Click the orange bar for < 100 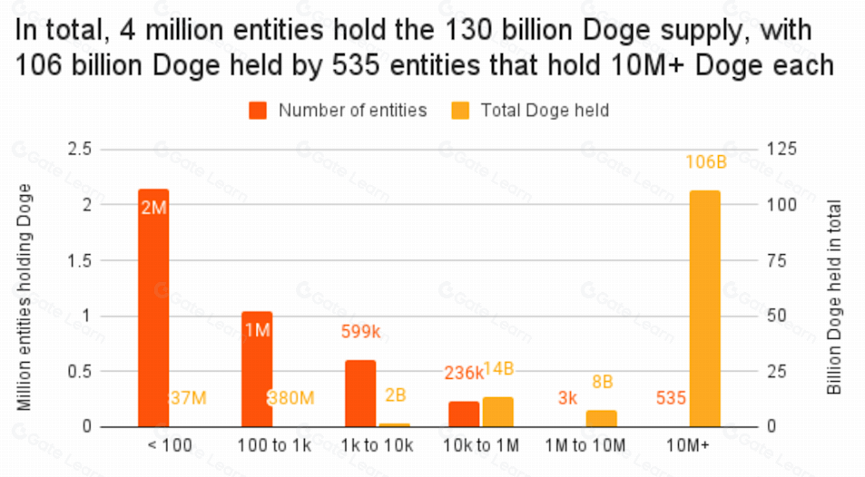153,307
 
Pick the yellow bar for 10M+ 704,308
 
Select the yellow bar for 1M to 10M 601,418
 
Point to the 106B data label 704,162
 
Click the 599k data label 360,332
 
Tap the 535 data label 670,398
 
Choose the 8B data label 602,382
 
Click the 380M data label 290,398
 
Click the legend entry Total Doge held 544,111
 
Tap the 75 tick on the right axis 779,260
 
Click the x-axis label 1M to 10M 585,445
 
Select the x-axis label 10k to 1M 481,445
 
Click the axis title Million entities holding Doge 25,297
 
